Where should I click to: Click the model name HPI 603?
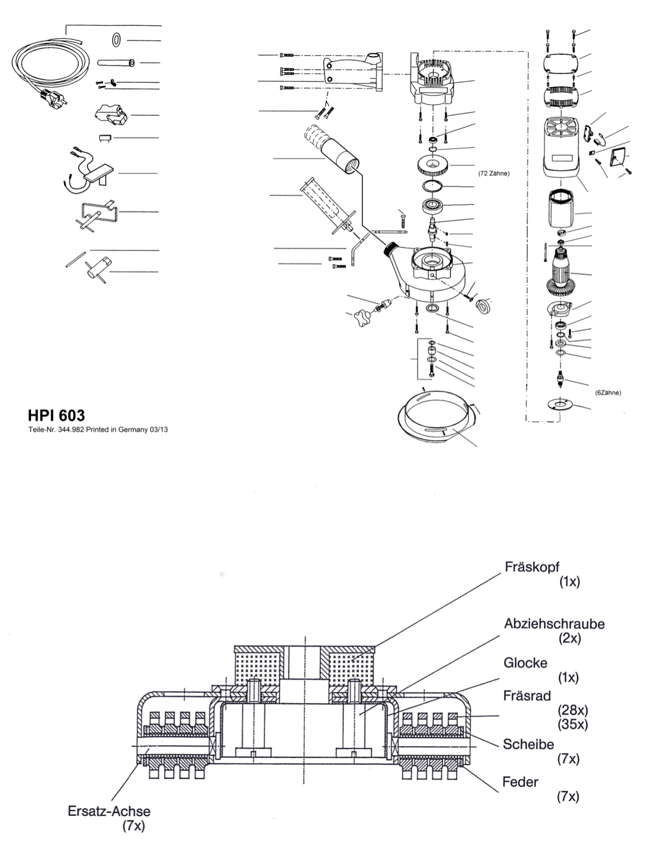(x=56, y=416)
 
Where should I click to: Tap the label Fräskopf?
(x=532, y=567)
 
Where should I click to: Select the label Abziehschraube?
(x=555, y=624)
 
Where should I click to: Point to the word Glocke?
(x=526, y=663)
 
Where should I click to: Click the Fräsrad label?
(x=527, y=696)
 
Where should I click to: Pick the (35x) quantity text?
(x=573, y=724)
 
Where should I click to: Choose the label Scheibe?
(x=529, y=744)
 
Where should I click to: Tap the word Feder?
(x=520, y=782)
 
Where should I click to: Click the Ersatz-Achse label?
(x=109, y=811)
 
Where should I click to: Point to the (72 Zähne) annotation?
(x=494, y=173)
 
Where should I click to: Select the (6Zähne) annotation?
(x=608, y=393)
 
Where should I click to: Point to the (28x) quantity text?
(x=573, y=710)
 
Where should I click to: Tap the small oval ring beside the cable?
(x=117, y=40)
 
